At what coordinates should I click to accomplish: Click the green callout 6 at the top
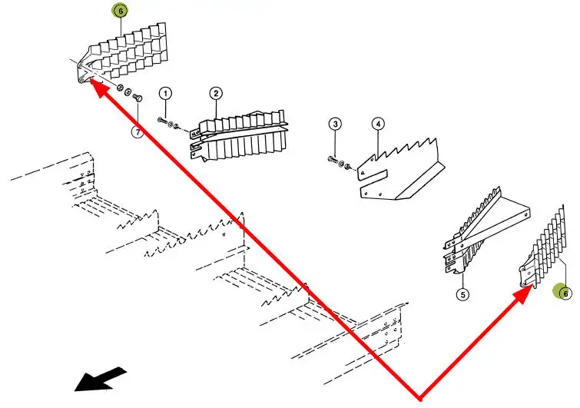[x=121, y=12]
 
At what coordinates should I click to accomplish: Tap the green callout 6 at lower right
[x=565, y=293]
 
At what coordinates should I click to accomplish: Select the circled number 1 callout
[x=165, y=94]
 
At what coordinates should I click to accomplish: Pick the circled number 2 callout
[x=216, y=94]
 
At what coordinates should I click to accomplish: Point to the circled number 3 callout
[x=335, y=124]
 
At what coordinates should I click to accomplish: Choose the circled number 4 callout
[x=378, y=124]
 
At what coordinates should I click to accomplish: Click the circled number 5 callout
[x=463, y=293]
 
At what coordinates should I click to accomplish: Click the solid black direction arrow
[x=99, y=379]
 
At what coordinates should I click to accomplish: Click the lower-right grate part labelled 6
[x=545, y=246]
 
